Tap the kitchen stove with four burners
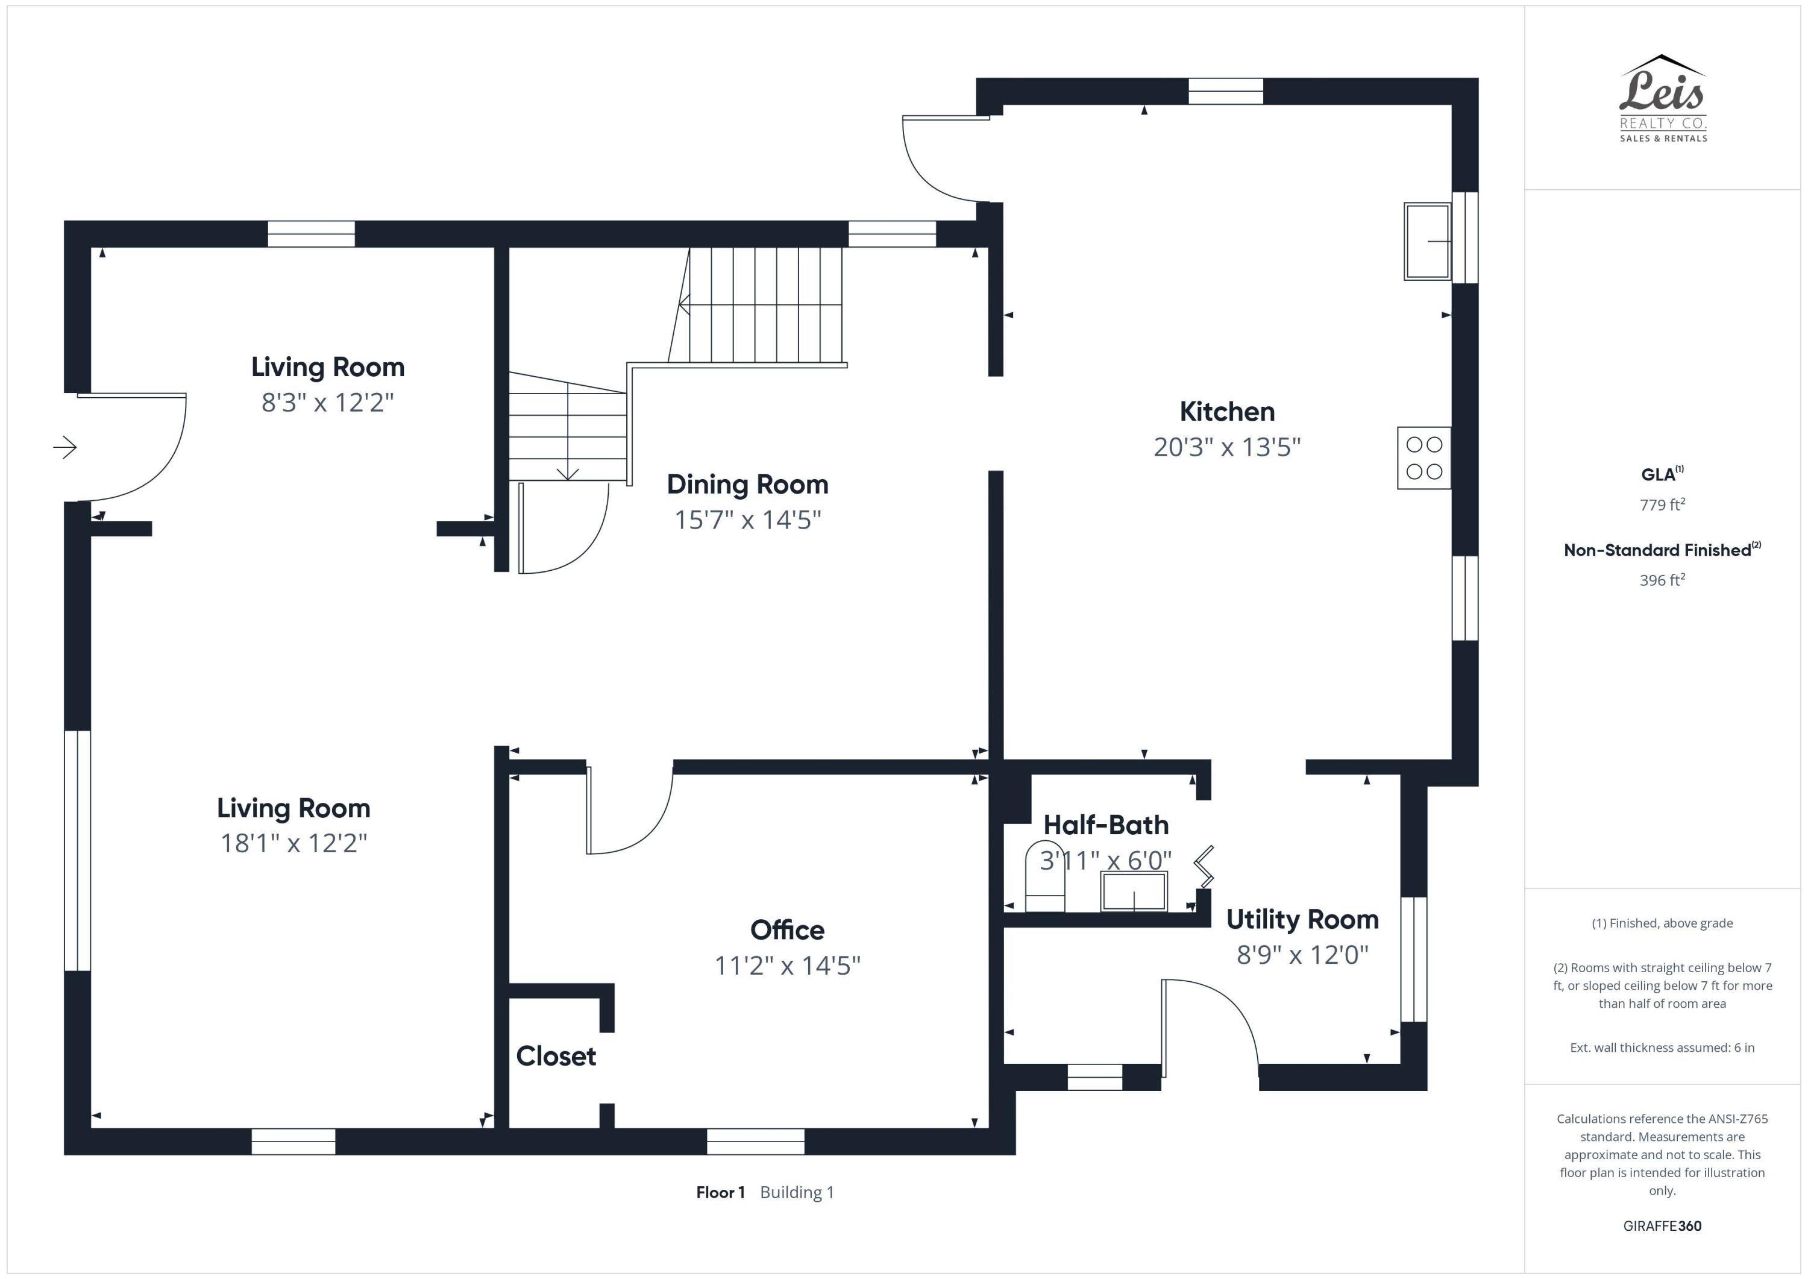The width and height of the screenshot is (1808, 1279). pos(1423,457)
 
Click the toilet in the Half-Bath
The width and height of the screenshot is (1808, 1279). pos(1044,879)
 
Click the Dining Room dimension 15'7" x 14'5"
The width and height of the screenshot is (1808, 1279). pos(747,520)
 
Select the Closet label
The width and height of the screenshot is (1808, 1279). pos(556,1056)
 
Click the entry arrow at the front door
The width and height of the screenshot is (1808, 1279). pos(65,447)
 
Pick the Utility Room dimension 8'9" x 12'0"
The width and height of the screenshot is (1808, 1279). pos(1302,955)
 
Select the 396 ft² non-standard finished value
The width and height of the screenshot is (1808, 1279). pos(1662,580)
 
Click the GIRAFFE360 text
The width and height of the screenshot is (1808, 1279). pos(1662,1225)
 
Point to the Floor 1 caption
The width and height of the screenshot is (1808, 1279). pos(720,1192)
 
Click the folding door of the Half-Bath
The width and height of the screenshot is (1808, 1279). pos(1204,866)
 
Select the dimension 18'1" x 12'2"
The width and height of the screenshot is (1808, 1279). pos(293,843)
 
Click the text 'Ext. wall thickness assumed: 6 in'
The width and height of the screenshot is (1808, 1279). pos(1662,1048)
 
